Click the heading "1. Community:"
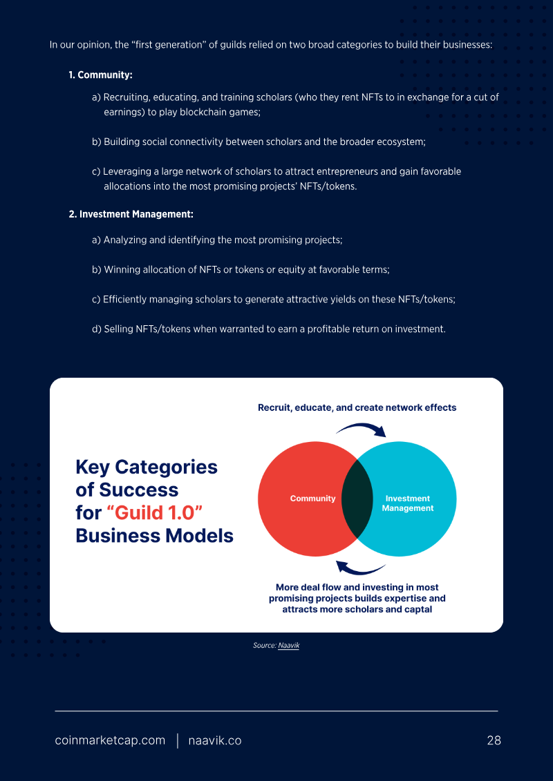(x=100, y=76)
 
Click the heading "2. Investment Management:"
(x=131, y=215)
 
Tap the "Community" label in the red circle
(x=312, y=499)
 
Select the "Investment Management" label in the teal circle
(x=407, y=503)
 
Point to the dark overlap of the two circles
(x=357, y=499)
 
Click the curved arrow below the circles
(x=361, y=568)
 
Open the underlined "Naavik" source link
(x=289, y=646)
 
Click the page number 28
(x=494, y=741)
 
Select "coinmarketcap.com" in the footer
(x=110, y=741)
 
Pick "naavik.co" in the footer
(x=215, y=741)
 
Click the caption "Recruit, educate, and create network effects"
(x=357, y=407)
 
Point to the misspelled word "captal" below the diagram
(x=418, y=609)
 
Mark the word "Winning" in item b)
(x=120, y=269)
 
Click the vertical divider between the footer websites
(x=177, y=741)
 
